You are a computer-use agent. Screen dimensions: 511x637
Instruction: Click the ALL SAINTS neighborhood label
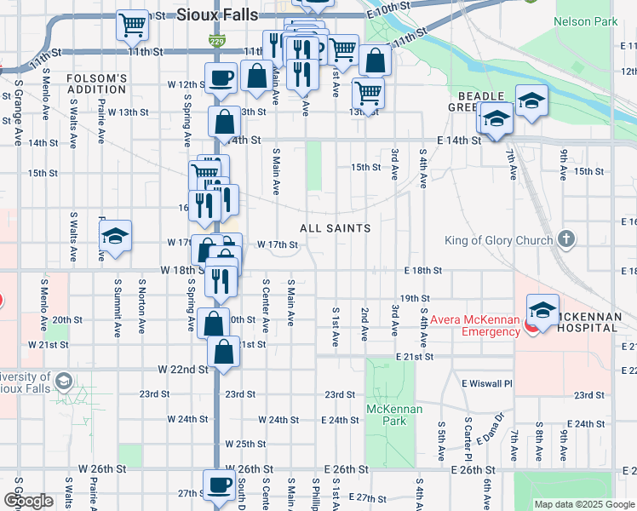pos(335,228)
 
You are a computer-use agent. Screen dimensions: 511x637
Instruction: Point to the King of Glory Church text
pos(498,240)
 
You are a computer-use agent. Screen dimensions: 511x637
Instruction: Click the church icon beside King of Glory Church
pos(569,239)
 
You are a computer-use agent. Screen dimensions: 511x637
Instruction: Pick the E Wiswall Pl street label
pos(486,383)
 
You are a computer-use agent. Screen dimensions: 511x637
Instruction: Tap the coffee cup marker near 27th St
pos(218,485)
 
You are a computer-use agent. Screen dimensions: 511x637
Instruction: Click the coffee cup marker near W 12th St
pos(221,78)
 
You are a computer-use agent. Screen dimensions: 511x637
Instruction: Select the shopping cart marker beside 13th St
pos(368,91)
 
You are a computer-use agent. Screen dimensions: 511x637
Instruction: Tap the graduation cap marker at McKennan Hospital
pos(542,308)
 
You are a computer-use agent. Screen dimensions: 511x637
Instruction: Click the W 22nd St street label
pos(182,369)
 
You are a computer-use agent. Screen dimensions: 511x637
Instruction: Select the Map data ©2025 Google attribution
pos(583,504)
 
